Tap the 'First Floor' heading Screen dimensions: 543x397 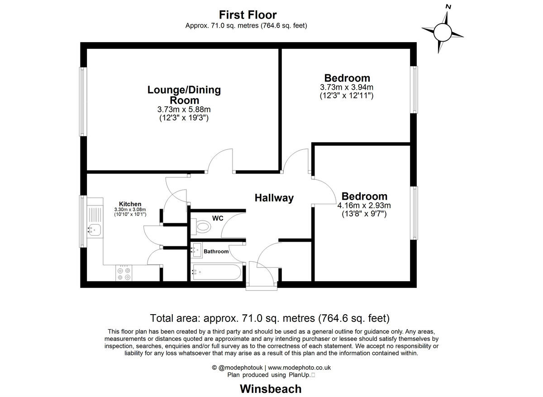(248, 15)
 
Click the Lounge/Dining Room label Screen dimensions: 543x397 (184, 95)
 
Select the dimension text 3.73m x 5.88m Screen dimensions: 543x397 (184, 109)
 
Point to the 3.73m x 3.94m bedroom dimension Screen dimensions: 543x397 (347, 87)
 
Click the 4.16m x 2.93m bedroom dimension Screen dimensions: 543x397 (364, 205)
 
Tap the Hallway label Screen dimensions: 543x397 (274, 198)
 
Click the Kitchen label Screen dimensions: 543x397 (130, 204)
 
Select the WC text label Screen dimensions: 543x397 (218, 218)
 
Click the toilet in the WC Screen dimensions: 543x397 (202, 226)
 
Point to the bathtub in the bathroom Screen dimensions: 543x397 (217, 272)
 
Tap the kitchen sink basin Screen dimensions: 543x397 (94, 230)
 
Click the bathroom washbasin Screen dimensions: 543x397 (197, 249)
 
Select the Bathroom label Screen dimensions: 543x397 (216, 251)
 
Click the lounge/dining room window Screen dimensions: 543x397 (83, 101)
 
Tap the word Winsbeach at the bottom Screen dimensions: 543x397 (270, 388)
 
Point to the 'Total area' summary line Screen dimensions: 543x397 (270, 318)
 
